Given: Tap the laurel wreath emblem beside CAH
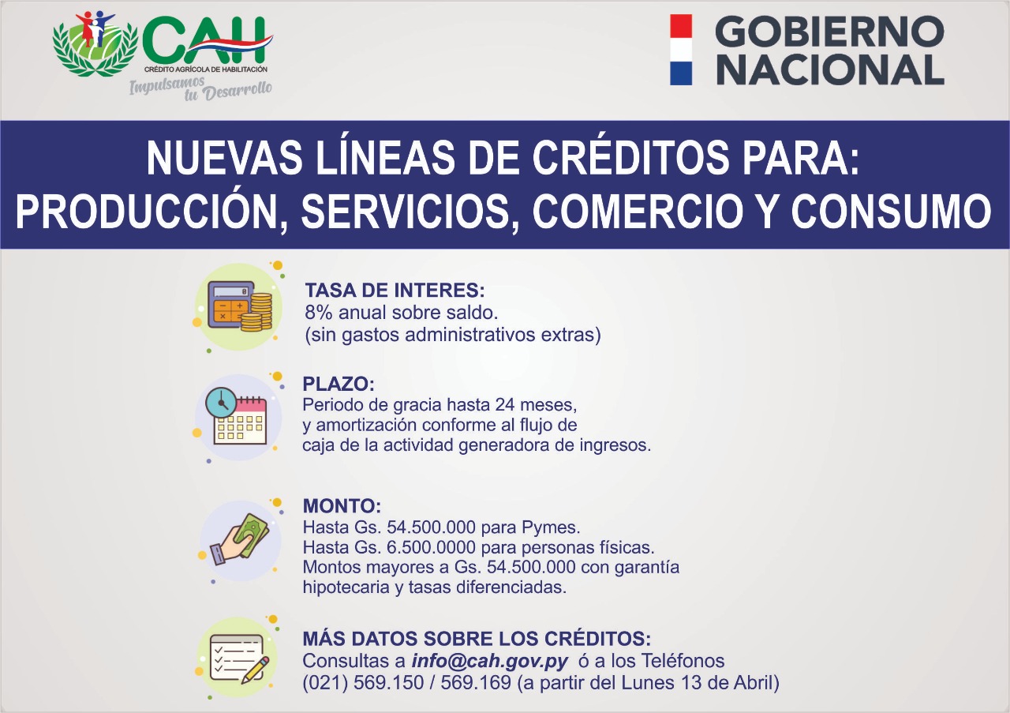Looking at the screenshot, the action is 95,44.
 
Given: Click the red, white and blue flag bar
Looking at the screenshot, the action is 681,50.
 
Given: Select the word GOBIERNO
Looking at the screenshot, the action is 829,31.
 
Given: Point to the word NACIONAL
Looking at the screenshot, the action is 830,69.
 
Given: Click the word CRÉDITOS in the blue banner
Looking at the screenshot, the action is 630,158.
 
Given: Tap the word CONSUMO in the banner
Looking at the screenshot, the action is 892,211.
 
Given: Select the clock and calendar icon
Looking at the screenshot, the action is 238,418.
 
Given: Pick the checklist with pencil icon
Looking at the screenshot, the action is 238,659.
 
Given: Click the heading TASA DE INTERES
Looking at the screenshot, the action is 395,290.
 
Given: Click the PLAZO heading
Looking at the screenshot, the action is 339,384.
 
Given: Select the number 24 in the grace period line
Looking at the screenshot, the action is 505,405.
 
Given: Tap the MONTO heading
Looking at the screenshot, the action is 342,506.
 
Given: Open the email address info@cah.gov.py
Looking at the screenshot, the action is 490,662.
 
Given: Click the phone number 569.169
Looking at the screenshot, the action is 476,683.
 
